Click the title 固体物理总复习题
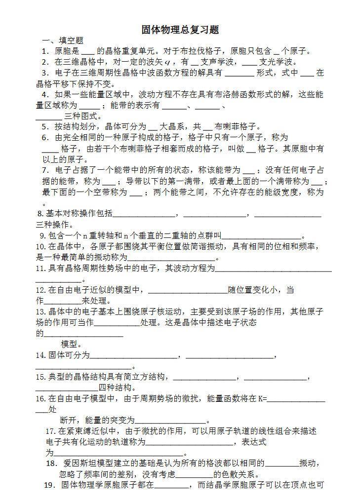pyautogui.click(x=180, y=30)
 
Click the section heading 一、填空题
pyautogui.click(x=62, y=40)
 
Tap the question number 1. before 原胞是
pyautogui.click(x=45, y=51)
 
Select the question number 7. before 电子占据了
pyautogui.click(x=45, y=170)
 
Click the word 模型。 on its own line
pyautogui.click(x=72, y=344)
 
